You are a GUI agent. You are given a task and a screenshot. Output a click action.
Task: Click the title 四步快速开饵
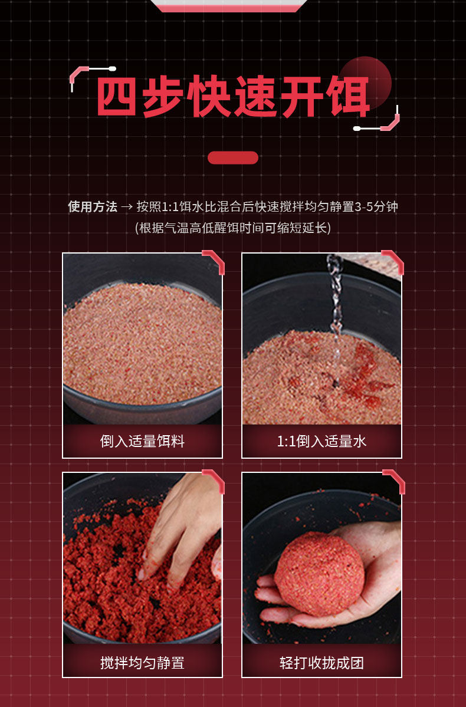[x=233, y=97]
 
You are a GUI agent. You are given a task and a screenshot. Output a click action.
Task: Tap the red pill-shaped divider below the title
[x=233, y=158]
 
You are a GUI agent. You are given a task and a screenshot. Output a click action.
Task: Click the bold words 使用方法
[x=93, y=206]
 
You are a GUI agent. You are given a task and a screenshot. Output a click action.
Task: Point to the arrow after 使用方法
[x=127, y=207]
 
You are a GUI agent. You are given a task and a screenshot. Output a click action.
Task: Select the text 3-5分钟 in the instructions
[x=376, y=206]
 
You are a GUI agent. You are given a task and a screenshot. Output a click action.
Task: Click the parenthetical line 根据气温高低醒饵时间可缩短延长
[x=233, y=228]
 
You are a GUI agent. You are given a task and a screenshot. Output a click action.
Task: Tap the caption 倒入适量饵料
[x=143, y=441]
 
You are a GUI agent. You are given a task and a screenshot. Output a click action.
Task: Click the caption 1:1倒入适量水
[x=321, y=441]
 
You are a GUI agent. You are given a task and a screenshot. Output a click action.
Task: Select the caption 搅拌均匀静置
[x=143, y=663]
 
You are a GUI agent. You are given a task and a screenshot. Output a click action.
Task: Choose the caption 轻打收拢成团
[x=321, y=663]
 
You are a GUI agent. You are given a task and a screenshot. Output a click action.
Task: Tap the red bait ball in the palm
[x=319, y=574]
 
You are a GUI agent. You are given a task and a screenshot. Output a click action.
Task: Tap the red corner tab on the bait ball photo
[x=394, y=481]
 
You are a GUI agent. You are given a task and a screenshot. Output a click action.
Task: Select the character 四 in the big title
[x=116, y=97]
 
